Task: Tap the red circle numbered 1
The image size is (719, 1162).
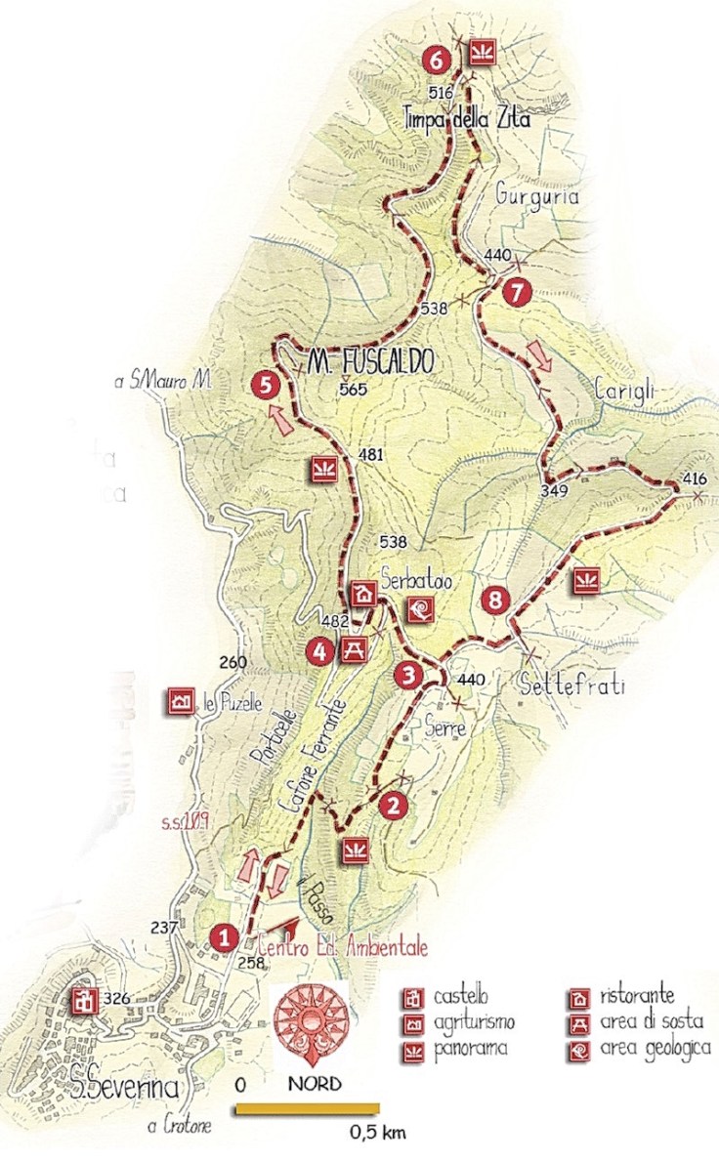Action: tap(225, 938)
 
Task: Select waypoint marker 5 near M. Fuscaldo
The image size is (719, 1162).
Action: tap(262, 385)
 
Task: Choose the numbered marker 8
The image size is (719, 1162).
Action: tap(495, 601)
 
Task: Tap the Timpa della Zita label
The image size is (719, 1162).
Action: tap(467, 121)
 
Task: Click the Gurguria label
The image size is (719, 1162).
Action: tap(537, 196)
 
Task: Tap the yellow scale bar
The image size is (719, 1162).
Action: tap(307, 1107)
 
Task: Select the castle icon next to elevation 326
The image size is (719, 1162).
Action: tap(82, 1000)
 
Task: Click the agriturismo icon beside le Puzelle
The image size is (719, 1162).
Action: tap(180, 700)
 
